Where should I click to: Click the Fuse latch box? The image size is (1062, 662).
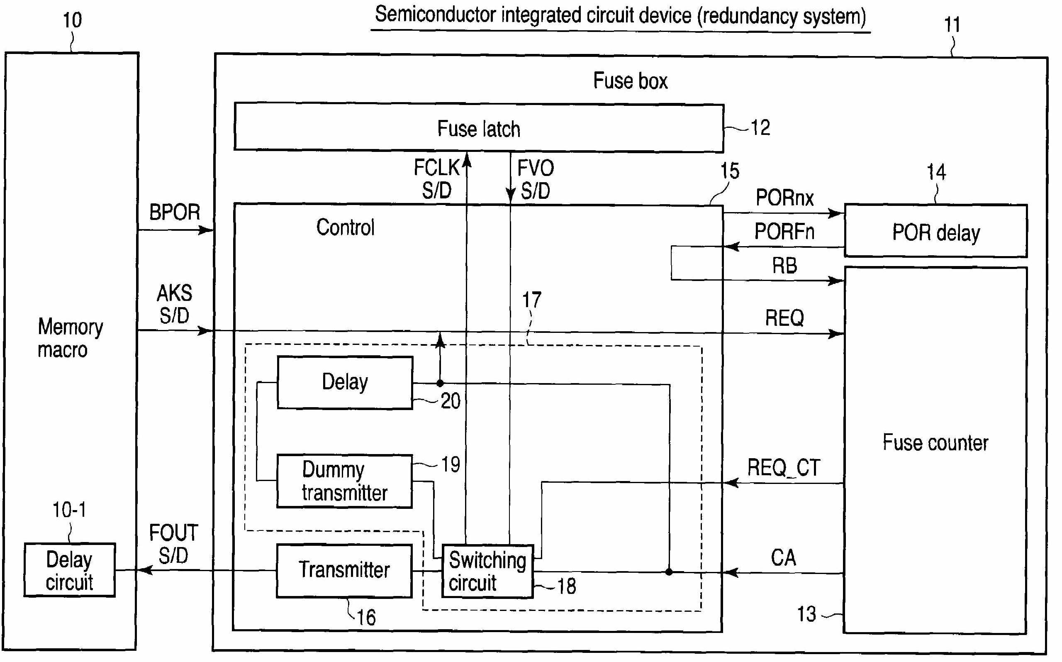point(478,128)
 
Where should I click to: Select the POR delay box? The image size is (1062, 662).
point(935,231)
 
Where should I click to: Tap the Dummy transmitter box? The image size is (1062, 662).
point(344,481)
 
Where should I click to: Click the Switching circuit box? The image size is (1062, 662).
point(487,571)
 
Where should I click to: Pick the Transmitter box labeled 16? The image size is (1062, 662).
point(344,570)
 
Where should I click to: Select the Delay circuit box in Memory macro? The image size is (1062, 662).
point(70,570)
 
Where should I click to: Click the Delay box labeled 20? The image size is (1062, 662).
point(345,382)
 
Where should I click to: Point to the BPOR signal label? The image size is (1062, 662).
point(175,213)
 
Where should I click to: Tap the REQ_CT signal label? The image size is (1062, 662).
point(783,468)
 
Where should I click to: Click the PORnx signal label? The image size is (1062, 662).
point(784,198)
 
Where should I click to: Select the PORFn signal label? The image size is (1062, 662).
point(784,231)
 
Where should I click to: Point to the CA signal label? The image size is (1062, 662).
point(783,558)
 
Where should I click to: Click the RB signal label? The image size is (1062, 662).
point(784,266)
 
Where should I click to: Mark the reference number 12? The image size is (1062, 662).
point(760,128)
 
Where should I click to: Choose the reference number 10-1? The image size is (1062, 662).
point(69,510)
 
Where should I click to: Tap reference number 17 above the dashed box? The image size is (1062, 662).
point(532,300)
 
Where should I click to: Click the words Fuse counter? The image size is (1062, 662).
point(935,442)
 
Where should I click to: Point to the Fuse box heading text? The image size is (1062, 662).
point(630,81)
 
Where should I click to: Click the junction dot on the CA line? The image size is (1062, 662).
point(669,572)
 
